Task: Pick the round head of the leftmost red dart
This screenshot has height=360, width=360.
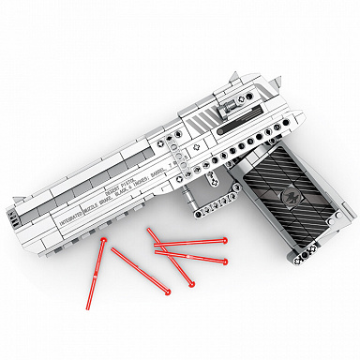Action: point(101,241)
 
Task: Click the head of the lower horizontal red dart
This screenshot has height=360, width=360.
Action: point(226,260)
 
